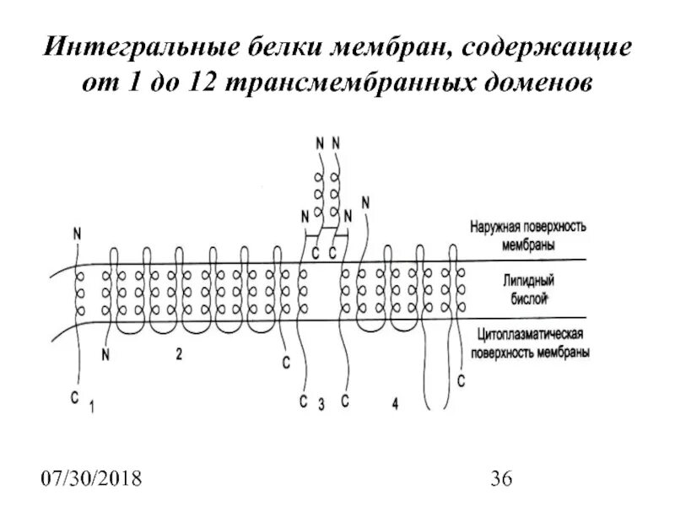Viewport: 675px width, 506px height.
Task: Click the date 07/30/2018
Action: pos(92,481)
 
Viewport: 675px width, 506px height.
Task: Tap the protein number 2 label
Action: pos(179,355)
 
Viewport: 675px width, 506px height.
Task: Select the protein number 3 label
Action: pos(322,403)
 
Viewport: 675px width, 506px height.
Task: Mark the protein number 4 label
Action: pos(395,403)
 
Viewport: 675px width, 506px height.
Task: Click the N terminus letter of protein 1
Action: pos(78,230)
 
